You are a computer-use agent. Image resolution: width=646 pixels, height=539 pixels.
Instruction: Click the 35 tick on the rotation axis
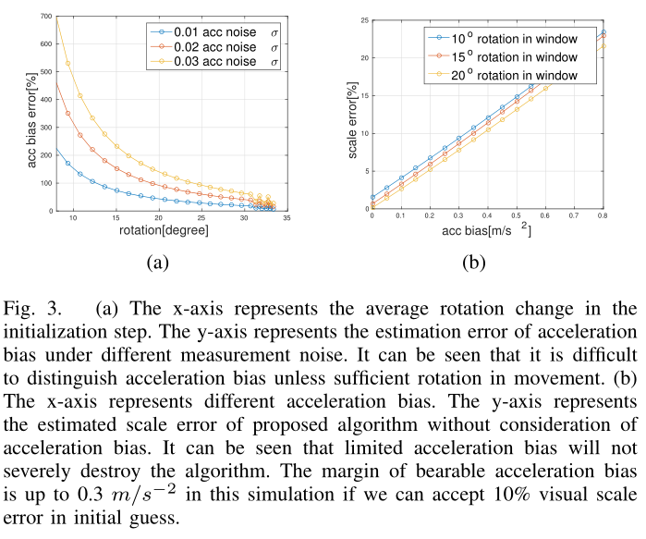[287, 218]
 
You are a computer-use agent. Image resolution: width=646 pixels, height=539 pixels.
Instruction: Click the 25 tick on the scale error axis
[361, 19]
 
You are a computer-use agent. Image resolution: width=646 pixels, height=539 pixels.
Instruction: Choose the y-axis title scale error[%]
[351, 116]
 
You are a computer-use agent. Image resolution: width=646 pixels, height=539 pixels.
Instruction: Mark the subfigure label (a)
[157, 264]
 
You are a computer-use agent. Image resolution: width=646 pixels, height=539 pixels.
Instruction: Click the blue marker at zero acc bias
[372, 197]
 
